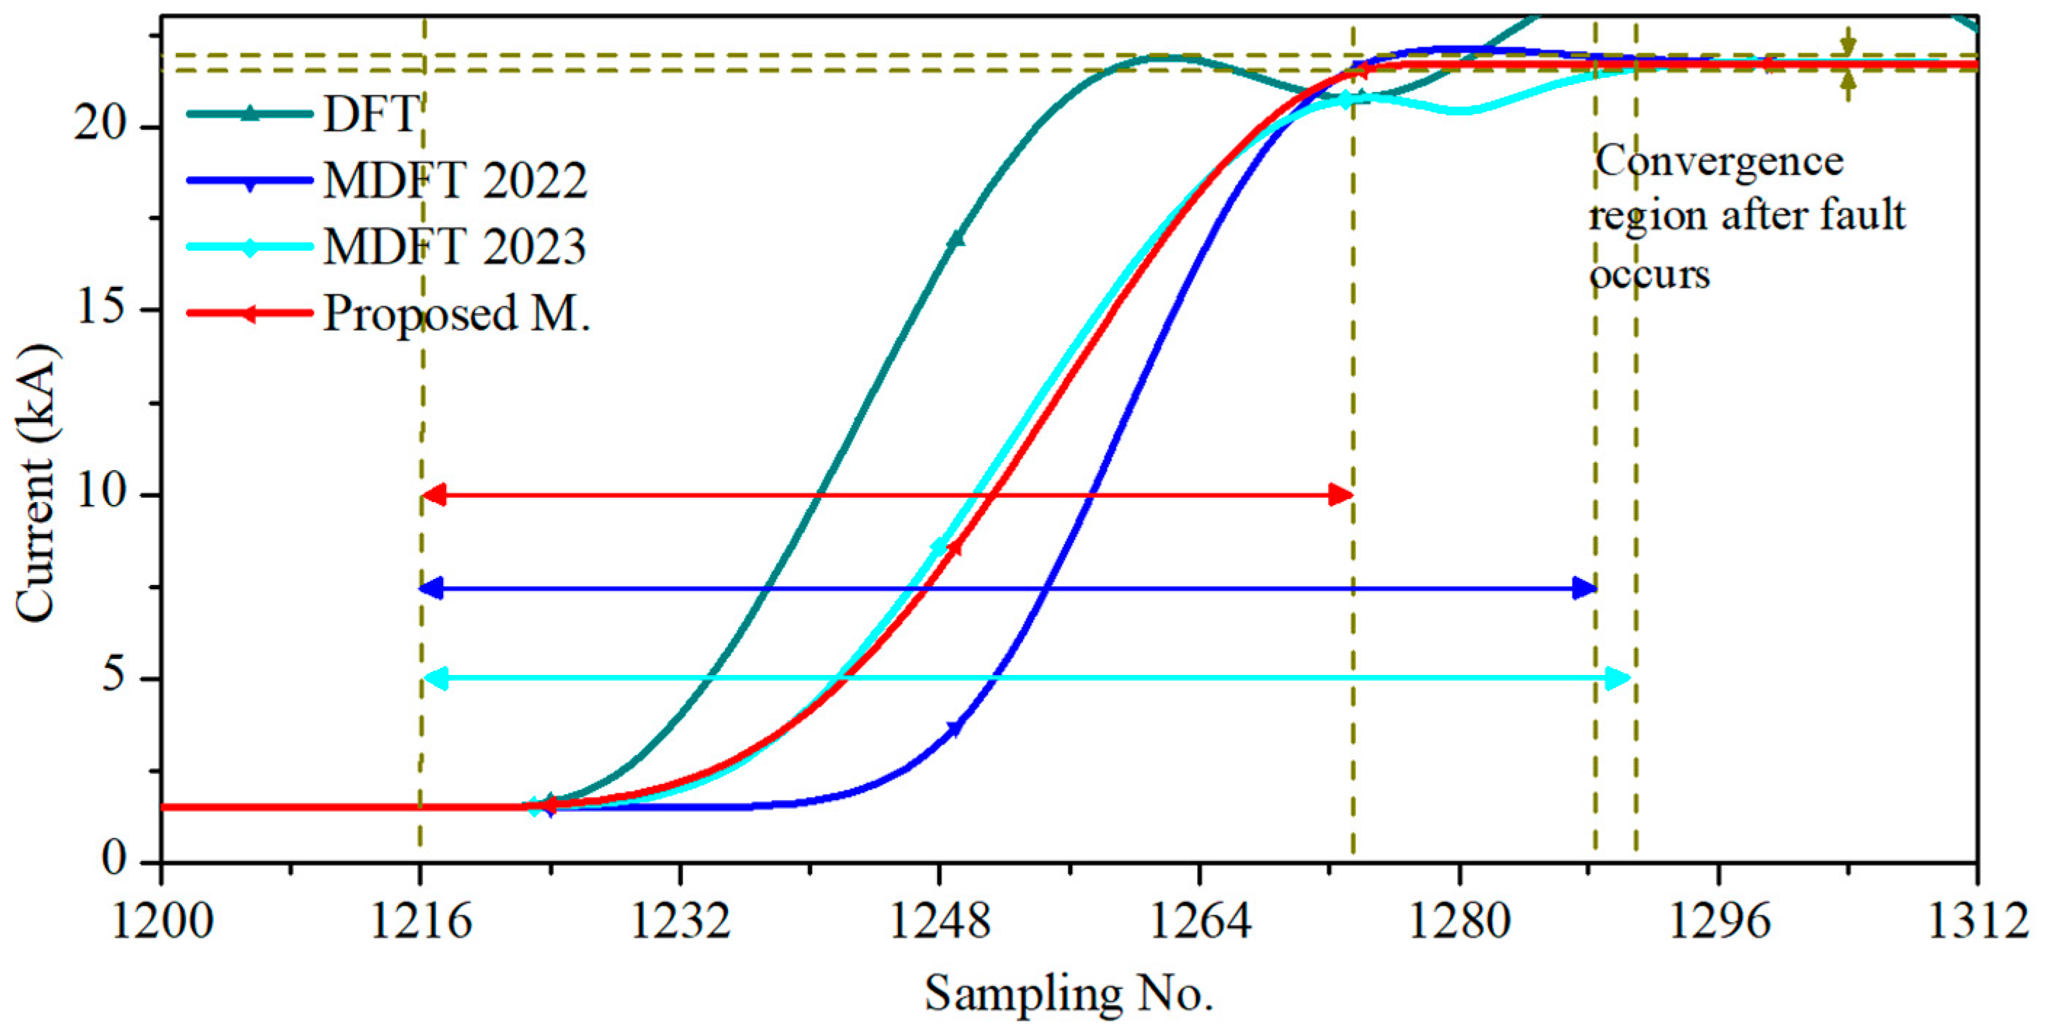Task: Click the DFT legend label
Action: [x=370, y=114]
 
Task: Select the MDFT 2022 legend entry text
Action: [x=455, y=181]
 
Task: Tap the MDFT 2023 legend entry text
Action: [x=455, y=246]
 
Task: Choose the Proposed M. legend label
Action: [x=457, y=313]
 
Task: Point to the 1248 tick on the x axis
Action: [x=940, y=921]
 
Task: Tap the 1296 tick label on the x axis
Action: [x=1719, y=921]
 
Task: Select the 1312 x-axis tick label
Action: [x=1977, y=921]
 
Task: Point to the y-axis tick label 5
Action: [x=113, y=676]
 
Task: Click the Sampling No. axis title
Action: [x=1068, y=992]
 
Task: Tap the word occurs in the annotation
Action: [x=1650, y=275]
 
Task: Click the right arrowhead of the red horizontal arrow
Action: [x=1342, y=496]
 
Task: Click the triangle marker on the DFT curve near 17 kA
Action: [x=956, y=238]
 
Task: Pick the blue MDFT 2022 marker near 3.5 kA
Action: [x=955, y=729]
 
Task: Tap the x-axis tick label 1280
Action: [x=1459, y=921]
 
